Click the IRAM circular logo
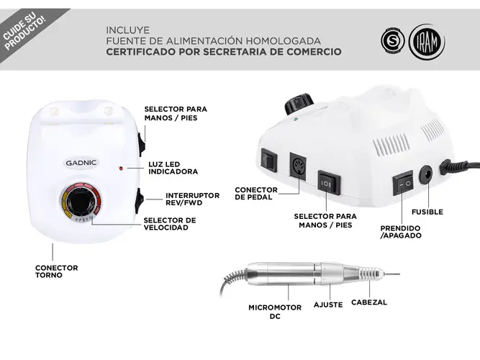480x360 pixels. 427,42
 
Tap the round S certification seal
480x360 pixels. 393,40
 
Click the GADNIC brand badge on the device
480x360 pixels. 81,163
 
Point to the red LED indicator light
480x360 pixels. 121,168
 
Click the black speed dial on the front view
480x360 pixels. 81,201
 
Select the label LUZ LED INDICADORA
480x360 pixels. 173,168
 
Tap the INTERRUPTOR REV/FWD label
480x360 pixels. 193,199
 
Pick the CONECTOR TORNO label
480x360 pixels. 57,271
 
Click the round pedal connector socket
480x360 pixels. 298,166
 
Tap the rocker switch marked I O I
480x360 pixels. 328,182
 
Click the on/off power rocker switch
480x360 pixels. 403,183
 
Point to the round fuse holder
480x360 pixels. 426,174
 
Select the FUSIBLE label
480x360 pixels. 427,212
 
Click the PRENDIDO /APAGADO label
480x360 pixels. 401,232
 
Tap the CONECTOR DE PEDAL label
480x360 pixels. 256,194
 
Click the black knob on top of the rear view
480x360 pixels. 299,104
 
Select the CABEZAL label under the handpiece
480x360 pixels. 369,302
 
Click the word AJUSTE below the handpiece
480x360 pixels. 328,305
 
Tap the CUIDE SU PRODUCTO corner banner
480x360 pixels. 24,31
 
